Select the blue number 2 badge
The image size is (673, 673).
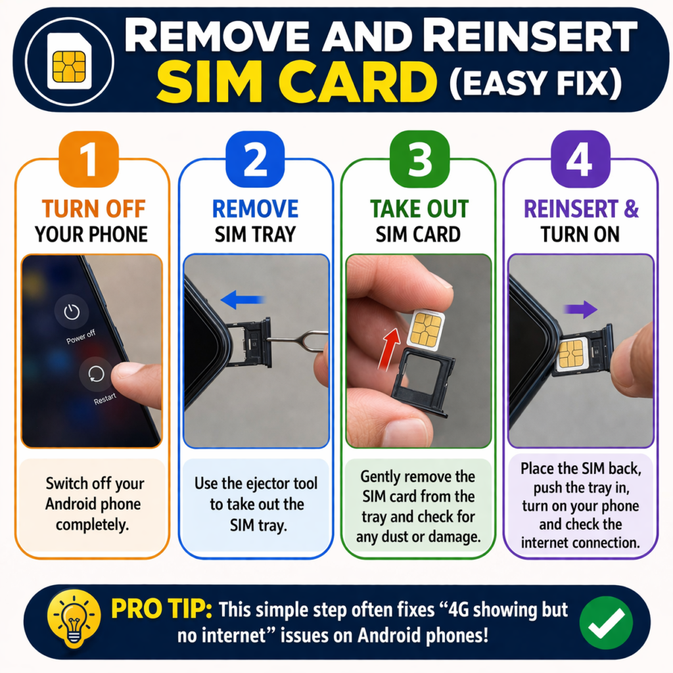[x=255, y=161]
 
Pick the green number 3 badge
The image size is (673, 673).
[x=418, y=161]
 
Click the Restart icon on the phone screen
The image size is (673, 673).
[x=91, y=375]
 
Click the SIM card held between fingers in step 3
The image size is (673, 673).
[x=425, y=329]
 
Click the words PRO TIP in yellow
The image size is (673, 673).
[x=160, y=610]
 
